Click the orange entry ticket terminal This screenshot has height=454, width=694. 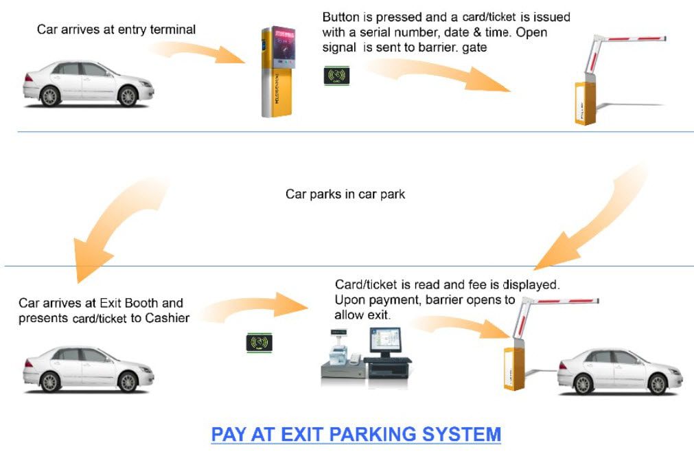pos(277,71)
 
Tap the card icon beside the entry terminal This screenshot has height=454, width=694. pos(336,76)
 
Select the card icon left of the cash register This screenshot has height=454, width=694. pos(259,343)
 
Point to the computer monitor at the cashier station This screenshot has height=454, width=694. pos(385,342)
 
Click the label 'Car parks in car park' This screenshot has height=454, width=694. pos(345,194)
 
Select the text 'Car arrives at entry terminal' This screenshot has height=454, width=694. pos(116,30)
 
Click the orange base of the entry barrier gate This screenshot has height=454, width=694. pos(585,103)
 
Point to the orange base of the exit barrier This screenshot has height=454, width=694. pos(514,369)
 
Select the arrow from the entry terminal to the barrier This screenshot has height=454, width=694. pos(438,73)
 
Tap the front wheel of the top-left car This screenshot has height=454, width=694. pos(128,96)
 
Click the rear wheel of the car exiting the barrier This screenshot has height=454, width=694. pos(583,383)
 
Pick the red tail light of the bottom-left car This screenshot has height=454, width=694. pos(28,363)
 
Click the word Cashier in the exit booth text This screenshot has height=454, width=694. pos(167,318)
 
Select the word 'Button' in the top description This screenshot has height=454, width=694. pos(340,17)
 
